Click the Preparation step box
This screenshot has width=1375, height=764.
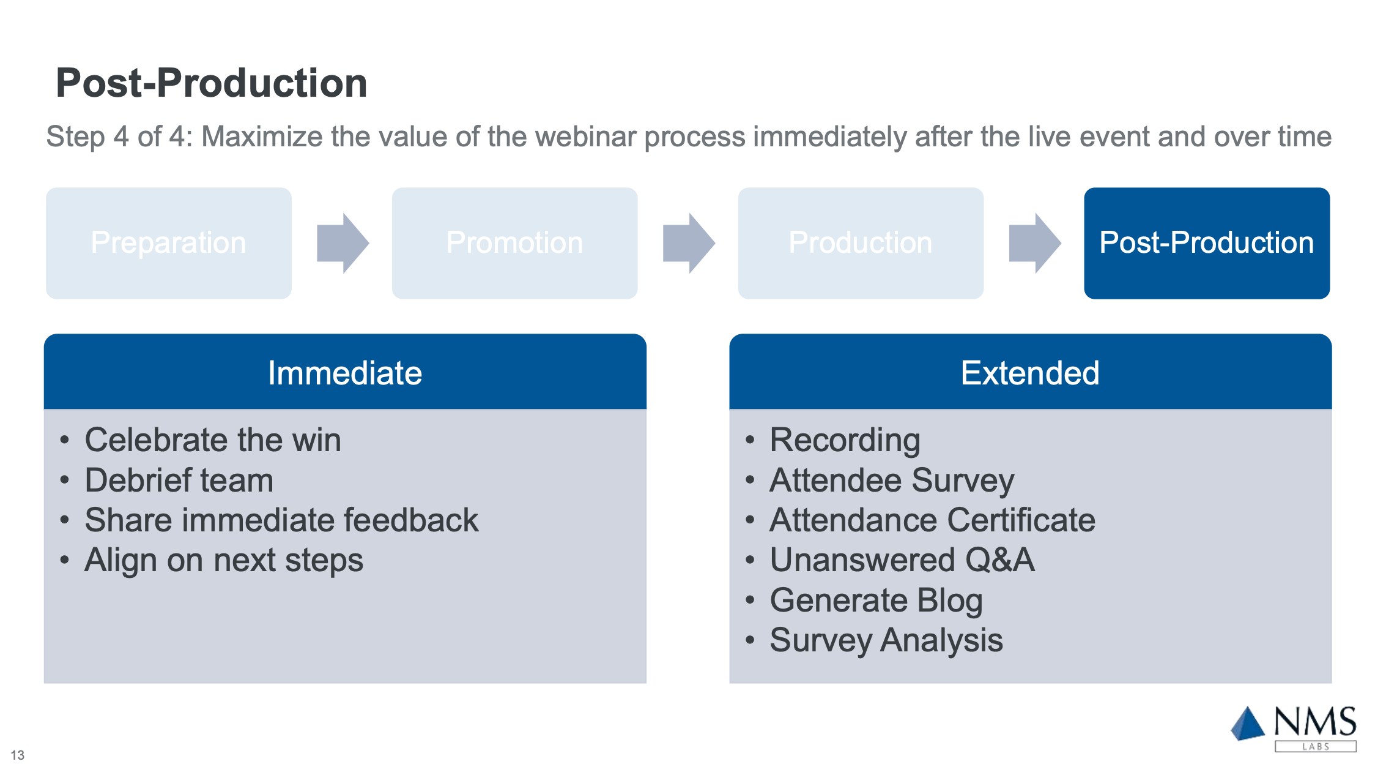tap(169, 243)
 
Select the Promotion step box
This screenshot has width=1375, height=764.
tap(515, 243)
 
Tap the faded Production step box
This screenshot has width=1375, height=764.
tap(861, 243)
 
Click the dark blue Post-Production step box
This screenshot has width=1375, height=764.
tap(1207, 243)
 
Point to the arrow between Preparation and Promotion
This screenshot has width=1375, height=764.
tap(343, 243)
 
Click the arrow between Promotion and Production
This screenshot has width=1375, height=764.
tap(689, 243)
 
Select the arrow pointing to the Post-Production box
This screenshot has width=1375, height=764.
tap(1035, 243)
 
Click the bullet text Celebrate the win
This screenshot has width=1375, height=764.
tap(213, 440)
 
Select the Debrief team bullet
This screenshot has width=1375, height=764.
tap(179, 480)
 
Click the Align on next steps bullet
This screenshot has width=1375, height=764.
tap(224, 561)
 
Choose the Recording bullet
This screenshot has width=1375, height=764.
tap(845, 441)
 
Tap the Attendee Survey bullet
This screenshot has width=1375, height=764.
tap(892, 481)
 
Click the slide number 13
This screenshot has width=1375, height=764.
tap(18, 755)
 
